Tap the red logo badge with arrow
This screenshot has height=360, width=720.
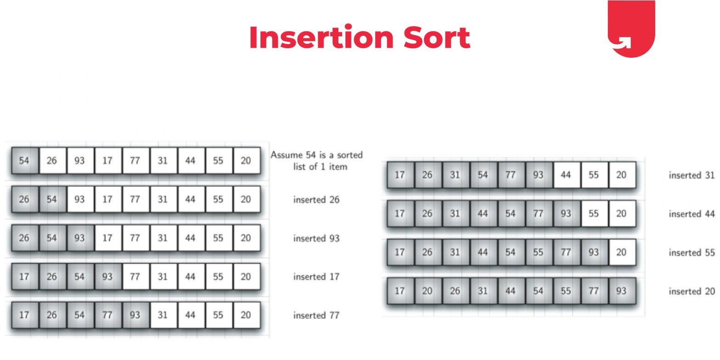coord(631,28)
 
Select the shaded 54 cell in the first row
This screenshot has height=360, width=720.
coord(24,161)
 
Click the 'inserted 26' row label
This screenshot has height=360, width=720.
coord(316,200)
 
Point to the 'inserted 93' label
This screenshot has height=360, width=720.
coord(316,238)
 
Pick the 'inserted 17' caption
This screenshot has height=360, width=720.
coord(316,276)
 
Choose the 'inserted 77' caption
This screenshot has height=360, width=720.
coord(316,315)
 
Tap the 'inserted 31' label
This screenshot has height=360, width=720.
coord(692,175)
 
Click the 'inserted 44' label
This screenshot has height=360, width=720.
coord(692,214)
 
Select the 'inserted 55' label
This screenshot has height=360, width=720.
coord(692,253)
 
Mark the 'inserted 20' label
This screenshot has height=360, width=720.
coord(692,291)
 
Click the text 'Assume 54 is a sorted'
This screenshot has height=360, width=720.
coord(316,155)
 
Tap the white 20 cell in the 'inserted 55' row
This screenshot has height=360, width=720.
coord(621,253)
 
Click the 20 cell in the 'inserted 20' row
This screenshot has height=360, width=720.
coord(427,291)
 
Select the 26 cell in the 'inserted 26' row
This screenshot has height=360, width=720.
coord(24,199)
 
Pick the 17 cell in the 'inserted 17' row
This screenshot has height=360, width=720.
coord(24,276)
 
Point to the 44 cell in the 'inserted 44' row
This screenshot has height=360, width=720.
coord(483,214)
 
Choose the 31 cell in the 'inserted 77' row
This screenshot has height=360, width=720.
coord(163,315)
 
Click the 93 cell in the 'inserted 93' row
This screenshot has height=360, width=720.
coord(80,238)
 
